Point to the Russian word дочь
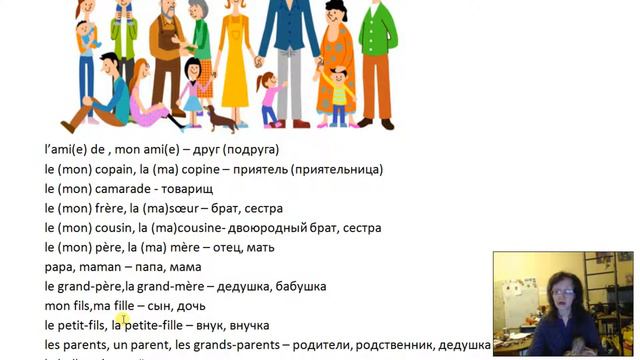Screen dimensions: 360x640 pos(190,306)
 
